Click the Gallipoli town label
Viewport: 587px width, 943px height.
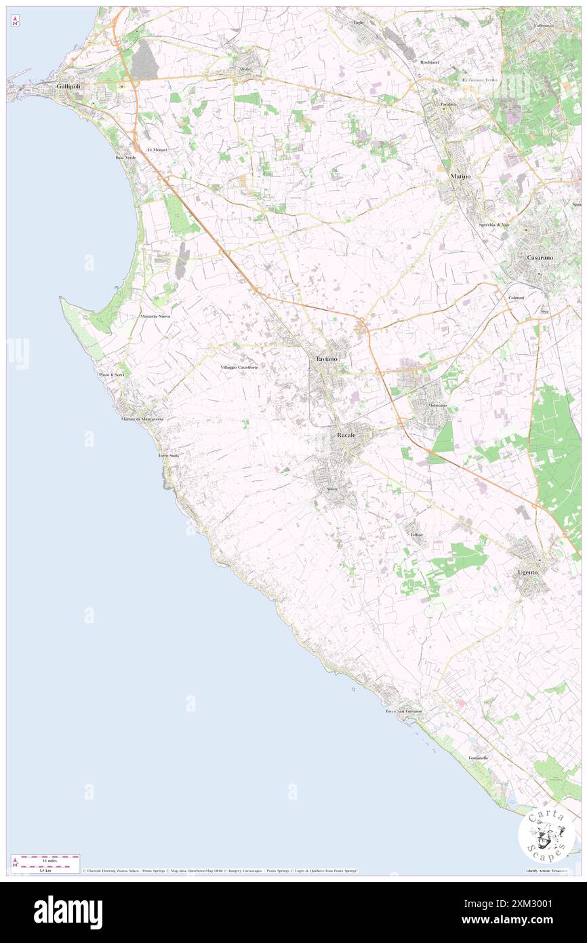point(70,88)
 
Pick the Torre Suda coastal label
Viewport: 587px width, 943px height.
point(168,455)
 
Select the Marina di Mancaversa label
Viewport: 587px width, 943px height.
point(142,419)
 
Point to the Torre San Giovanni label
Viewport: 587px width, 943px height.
point(404,711)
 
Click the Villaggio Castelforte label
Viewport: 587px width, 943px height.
point(239,367)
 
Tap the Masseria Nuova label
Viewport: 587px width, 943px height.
point(155,317)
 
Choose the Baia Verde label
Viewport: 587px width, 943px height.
point(125,157)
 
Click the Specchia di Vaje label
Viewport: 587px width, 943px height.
point(494,225)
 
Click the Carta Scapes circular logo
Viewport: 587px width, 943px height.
point(546,834)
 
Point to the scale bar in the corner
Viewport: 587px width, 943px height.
point(45,861)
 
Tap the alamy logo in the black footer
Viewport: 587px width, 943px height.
point(68,912)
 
